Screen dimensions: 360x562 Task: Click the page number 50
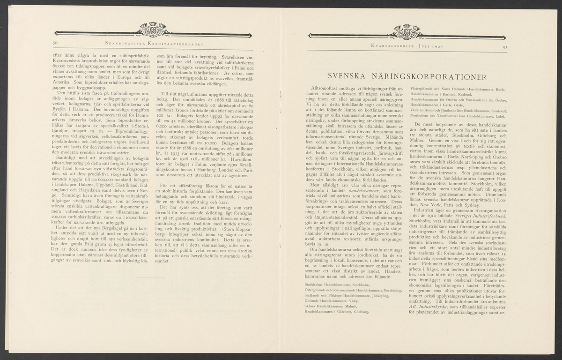pos(55,43)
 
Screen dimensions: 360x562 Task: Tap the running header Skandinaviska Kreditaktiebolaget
pos(150,43)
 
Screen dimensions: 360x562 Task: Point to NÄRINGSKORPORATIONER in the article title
pos(434,76)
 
